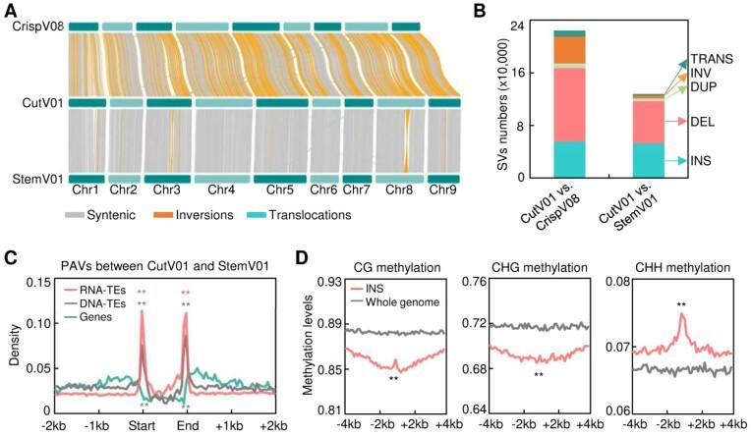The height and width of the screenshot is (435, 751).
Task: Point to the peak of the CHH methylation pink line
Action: (679, 314)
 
